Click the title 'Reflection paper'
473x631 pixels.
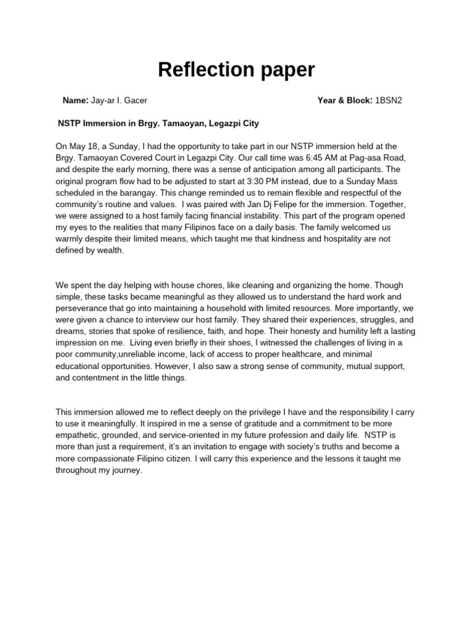[236, 70]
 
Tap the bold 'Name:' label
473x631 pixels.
[76, 100]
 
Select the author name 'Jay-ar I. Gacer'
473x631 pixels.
[119, 100]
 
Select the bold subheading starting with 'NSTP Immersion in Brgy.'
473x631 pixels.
[158, 123]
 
